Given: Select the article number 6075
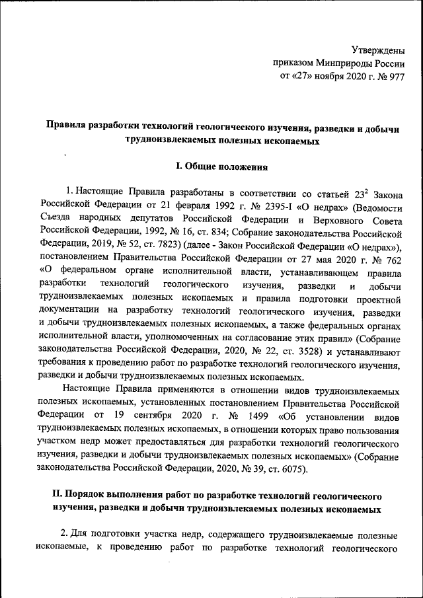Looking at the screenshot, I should point(287,470).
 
